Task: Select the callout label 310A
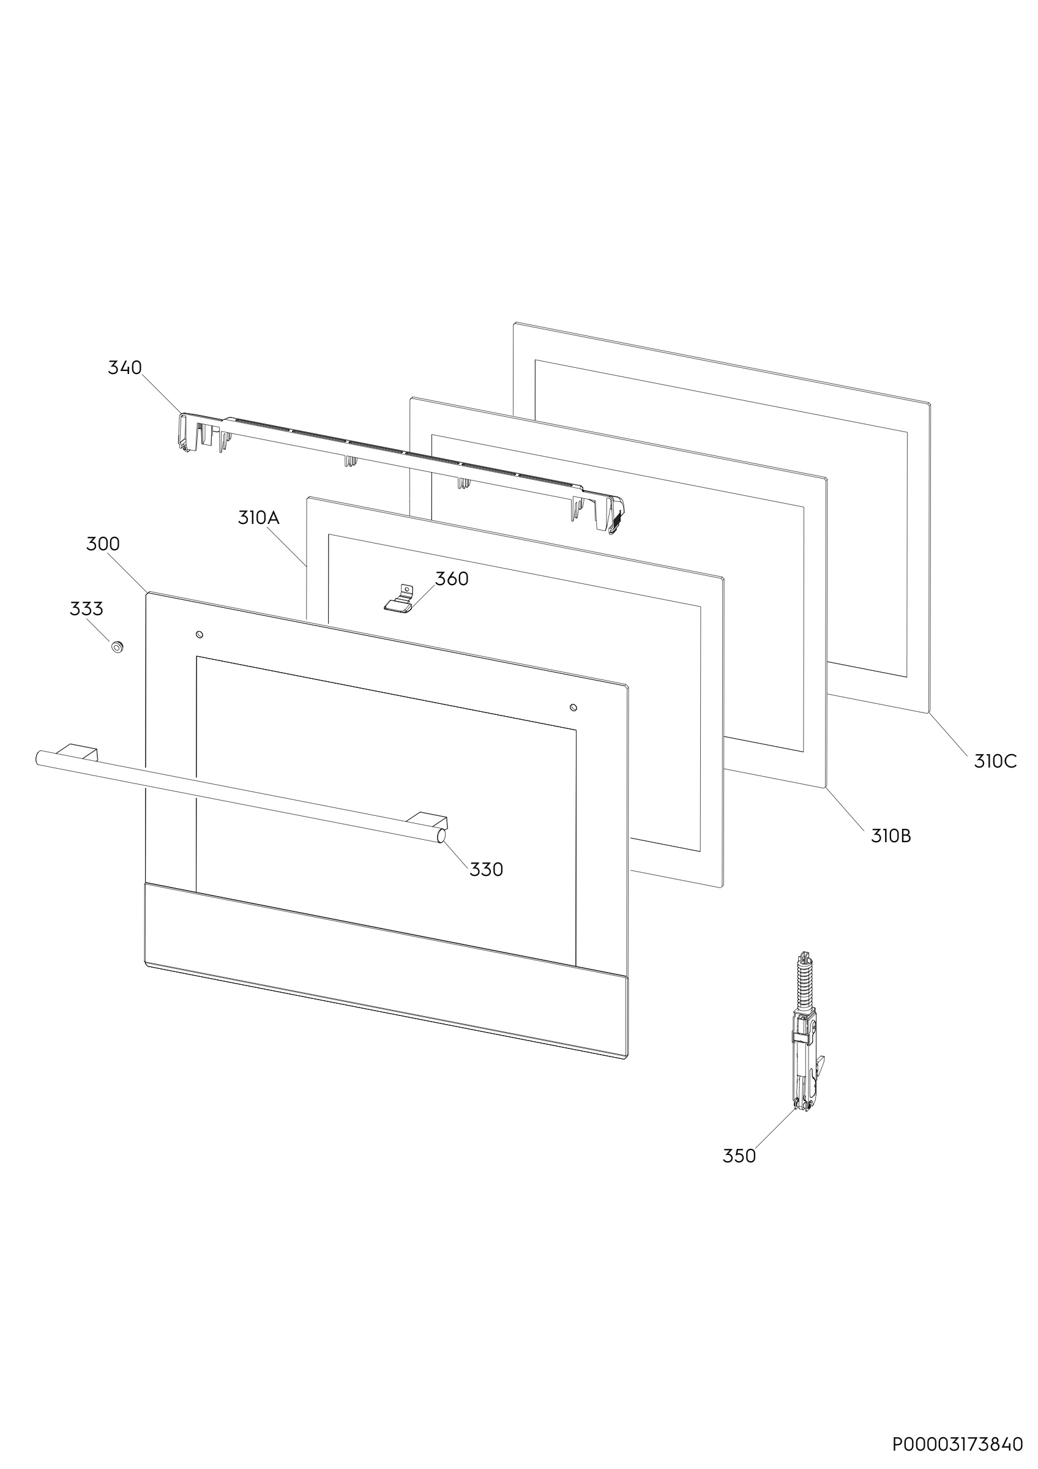258,518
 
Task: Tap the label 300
103,544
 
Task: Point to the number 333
86,608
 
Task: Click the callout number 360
452,578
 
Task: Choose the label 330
486,870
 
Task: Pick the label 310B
891,835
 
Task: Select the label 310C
995,761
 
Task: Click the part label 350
739,1156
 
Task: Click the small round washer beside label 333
117,647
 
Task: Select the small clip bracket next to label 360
399,599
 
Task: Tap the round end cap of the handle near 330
441,835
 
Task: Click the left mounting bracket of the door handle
78,751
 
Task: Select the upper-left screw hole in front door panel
199,634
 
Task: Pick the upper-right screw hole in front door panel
573,707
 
